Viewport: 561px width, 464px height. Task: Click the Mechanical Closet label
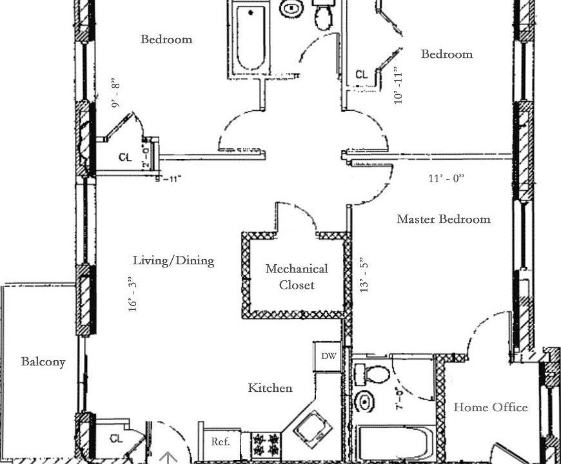click(297, 276)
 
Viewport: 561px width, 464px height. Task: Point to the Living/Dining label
click(173, 261)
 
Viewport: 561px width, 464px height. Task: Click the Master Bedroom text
click(444, 219)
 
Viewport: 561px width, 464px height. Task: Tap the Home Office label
click(491, 407)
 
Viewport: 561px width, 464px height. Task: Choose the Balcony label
click(43, 362)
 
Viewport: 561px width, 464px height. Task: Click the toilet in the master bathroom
click(373, 374)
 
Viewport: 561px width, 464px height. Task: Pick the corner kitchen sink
click(313, 425)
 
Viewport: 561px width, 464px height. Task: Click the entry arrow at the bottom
click(168, 457)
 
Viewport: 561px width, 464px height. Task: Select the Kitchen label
click(270, 388)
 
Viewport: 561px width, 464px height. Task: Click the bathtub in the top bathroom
click(249, 39)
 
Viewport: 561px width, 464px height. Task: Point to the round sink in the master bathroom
click(366, 402)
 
